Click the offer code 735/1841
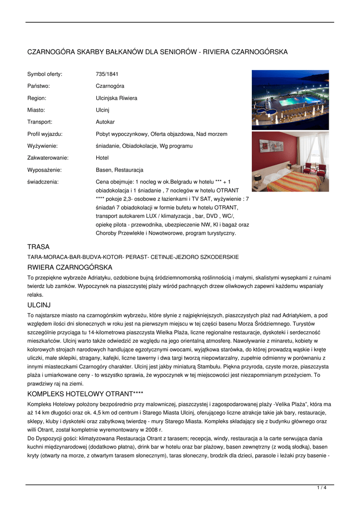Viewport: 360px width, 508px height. pyautogui.click(x=107, y=74)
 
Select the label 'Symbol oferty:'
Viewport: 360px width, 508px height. pyautogui.click(x=45, y=74)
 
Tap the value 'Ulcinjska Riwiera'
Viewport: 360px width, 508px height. pyautogui.click(x=116, y=98)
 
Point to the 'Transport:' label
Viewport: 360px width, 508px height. pyautogui.click(x=40, y=122)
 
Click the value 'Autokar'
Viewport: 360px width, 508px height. pyautogui.click(x=105, y=122)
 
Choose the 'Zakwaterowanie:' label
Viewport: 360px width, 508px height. pyautogui.click(x=48, y=158)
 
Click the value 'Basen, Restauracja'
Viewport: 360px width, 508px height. pyautogui.click(x=119, y=170)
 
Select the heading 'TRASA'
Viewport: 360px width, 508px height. pyautogui.click(x=38, y=247)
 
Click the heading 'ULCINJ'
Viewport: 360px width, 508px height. pyautogui.click(x=39, y=305)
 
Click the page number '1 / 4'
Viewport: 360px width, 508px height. pyautogui.click(x=322, y=488)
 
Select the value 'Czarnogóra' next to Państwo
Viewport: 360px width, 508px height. pyautogui.click(x=110, y=86)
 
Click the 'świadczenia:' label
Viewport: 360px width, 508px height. pyautogui.click(x=43, y=182)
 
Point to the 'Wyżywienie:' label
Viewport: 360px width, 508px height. pyautogui.click(x=42, y=146)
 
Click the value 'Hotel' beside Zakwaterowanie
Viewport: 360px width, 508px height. pyautogui.click(x=102, y=158)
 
